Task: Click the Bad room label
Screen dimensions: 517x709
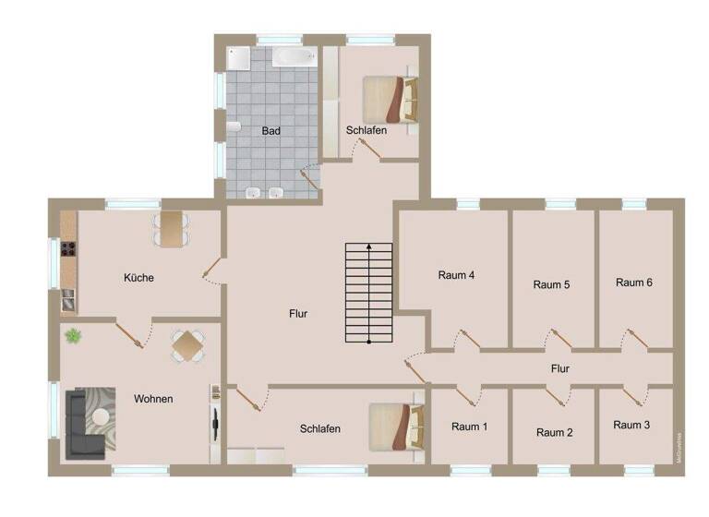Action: (x=270, y=131)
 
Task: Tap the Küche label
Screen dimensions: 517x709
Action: (x=138, y=278)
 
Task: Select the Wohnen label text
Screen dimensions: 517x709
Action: (x=153, y=399)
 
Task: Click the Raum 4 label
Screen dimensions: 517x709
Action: (x=456, y=275)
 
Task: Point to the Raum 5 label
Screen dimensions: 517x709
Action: (x=552, y=284)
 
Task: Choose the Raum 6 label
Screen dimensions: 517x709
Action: (x=634, y=283)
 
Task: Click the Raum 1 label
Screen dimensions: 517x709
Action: (x=470, y=427)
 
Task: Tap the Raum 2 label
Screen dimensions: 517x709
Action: (x=555, y=432)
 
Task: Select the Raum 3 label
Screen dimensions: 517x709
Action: (x=631, y=425)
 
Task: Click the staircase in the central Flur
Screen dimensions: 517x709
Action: (x=369, y=294)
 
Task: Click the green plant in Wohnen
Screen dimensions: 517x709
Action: (x=73, y=336)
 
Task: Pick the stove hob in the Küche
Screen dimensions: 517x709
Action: (x=67, y=247)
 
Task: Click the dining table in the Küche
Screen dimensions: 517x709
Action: (x=171, y=228)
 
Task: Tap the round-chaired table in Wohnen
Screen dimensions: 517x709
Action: (x=187, y=346)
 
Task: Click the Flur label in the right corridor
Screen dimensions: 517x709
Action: (x=559, y=368)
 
